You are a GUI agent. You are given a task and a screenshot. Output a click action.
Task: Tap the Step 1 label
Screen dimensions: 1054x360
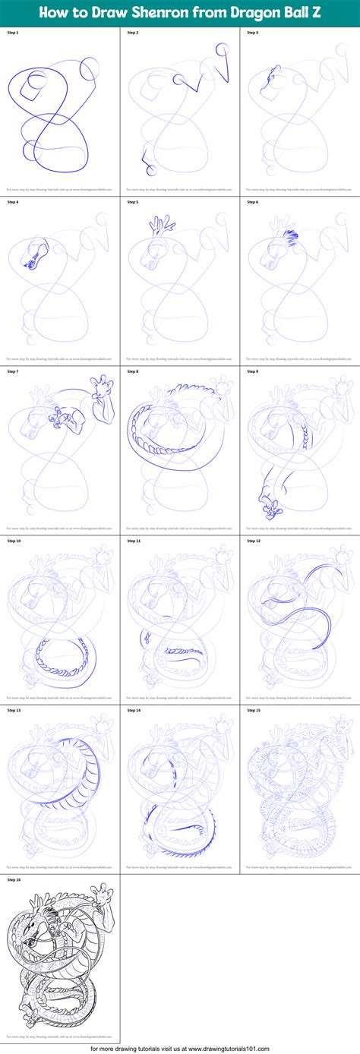(13, 33)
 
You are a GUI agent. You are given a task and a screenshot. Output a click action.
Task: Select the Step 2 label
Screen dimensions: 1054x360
(133, 33)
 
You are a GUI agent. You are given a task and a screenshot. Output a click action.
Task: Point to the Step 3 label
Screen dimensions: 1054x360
(253, 33)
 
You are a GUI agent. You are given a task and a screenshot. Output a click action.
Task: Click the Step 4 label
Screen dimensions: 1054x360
(13, 202)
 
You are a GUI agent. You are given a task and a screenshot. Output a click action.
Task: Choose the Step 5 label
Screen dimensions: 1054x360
(133, 202)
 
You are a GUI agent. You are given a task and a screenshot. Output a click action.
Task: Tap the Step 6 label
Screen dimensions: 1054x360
(253, 202)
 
